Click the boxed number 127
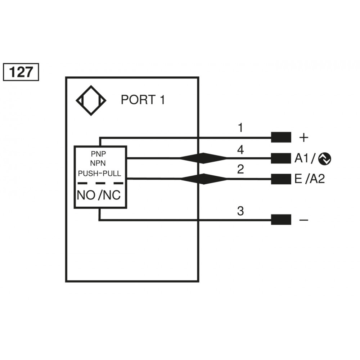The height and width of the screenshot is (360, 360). coord(21,72)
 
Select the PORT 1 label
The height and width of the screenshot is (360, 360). coord(143,100)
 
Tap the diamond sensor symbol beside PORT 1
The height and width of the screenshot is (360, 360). coord(91,100)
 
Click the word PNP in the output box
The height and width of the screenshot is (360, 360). coord(98,153)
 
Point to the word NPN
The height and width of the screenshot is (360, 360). coord(98,163)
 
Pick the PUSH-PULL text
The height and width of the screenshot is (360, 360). coord(100,174)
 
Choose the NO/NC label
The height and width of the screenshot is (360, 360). coord(99,195)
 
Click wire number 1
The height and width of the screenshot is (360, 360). coord(240,128)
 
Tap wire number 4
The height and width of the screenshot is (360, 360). coord(240,150)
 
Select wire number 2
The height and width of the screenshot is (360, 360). coord(240,169)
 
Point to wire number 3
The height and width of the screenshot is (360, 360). coord(240,211)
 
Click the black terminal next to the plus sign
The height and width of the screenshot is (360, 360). coord(281,137)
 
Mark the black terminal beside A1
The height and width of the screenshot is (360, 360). coord(281,158)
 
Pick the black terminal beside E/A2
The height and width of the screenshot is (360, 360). coord(281,179)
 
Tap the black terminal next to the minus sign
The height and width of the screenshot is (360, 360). coord(281,219)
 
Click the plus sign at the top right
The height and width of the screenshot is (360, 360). coord(304,137)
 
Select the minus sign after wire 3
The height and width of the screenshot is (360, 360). coord(304,220)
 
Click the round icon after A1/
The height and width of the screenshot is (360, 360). coord(325,158)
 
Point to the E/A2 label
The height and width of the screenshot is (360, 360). coord(309,179)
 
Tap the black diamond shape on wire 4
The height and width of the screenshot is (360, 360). coord(203,158)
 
